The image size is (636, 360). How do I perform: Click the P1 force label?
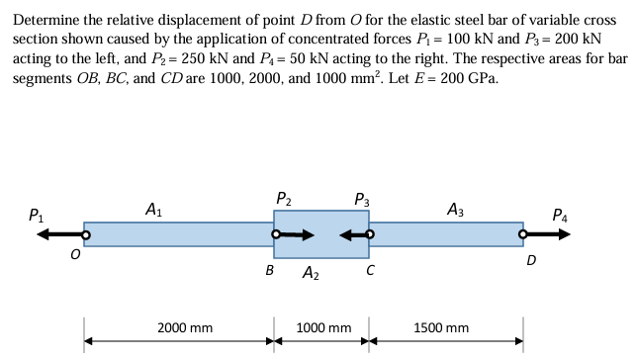(36, 213)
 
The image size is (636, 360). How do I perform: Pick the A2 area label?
(311, 273)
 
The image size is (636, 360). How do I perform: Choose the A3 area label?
(457, 209)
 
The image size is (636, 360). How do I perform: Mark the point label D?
(532, 261)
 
